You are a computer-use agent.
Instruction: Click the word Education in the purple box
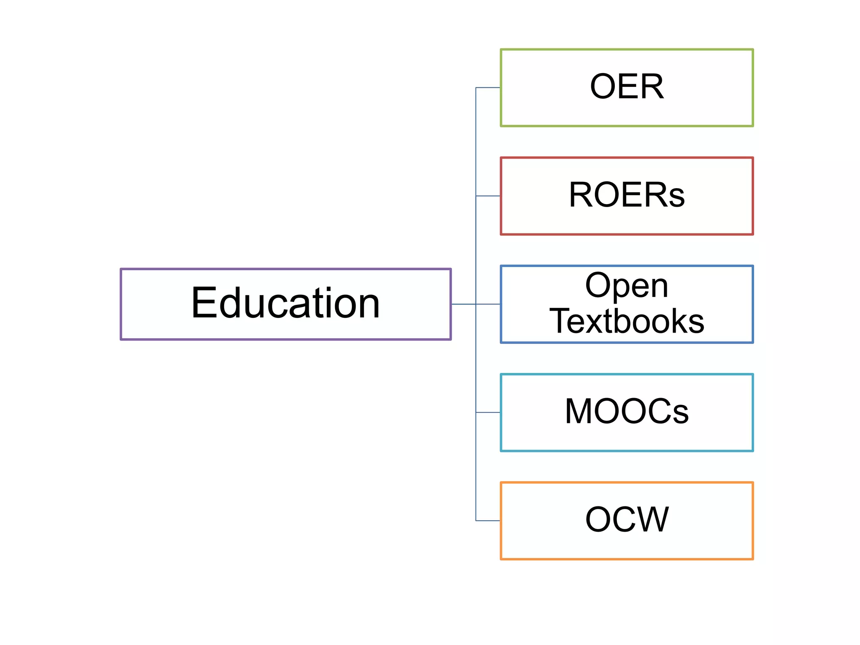pyautogui.click(x=286, y=303)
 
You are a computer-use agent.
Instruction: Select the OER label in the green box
pyautogui.click(x=627, y=87)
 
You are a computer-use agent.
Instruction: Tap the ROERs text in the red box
pyautogui.click(x=627, y=195)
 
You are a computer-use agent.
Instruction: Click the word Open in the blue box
pyautogui.click(x=627, y=286)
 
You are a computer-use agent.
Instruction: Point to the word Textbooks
pyautogui.click(x=627, y=321)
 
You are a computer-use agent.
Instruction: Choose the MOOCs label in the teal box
pyautogui.click(x=627, y=412)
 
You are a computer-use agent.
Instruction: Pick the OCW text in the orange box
pyautogui.click(x=627, y=520)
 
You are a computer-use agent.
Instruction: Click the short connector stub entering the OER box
pyautogui.click(x=488, y=88)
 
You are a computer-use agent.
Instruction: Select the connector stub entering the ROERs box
pyautogui.click(x=488, y=196)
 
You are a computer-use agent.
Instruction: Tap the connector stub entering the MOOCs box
pyautogui.click(x=488, y=412)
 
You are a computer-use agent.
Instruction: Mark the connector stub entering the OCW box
pyautogui.click(x=488, y=521)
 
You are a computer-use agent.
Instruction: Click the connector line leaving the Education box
pyautogui.click(x=463, y=304)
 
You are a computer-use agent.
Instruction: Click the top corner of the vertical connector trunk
pyautogui.click(x=476, y=88)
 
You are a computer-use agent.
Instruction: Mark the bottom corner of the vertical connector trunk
pyautogui.click(x=476, y=521)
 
